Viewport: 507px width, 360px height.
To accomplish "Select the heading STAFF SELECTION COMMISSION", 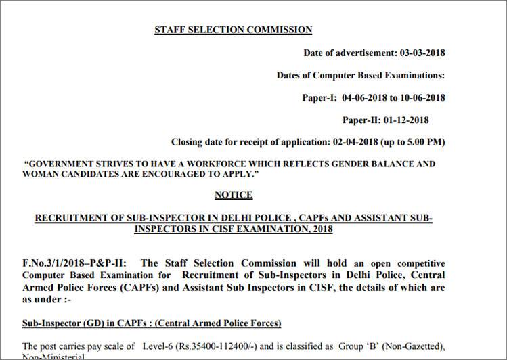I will [234, 30].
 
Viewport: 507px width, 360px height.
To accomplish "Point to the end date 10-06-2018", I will [422, 98].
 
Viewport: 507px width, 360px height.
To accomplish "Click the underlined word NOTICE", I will [234, 195].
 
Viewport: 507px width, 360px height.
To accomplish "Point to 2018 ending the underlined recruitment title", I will [320, 230].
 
